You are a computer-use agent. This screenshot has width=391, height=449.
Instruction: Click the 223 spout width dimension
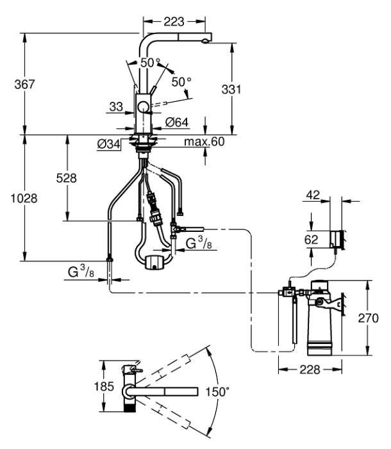point(170,22)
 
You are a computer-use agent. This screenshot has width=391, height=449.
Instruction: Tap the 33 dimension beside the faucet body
point(115,107)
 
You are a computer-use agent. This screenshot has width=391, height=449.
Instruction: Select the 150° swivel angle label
point(217,391)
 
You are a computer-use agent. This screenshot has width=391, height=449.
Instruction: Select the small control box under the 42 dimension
point(336,239)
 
